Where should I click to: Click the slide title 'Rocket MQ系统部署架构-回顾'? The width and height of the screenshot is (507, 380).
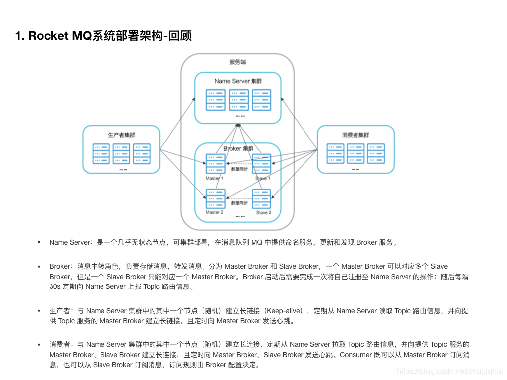pyautogui.click(x=103, y=36)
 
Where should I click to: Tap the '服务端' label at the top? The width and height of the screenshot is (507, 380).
pyautogui.click(x=238, y=62)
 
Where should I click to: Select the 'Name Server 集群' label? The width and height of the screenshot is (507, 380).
pyautogui.click(x=238, y=81)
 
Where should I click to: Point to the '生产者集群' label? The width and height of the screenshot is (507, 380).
pyautogui.click(x=121, y=135)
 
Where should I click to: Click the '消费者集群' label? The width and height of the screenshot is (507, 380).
pyautogui.click(x=355, y=135)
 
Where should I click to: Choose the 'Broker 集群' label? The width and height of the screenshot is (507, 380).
pyautogui.click(x=238, y=148)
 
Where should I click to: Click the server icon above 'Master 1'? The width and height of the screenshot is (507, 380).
pyautogui.click(x=215, y=164)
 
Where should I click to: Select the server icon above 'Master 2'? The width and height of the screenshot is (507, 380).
pyautogui.click(x=215, y=199)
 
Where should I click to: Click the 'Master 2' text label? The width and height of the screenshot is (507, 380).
pyautogui.click(x=215, y=212)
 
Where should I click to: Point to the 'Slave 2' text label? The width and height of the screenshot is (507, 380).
pyautogui.click(x=263, y=212)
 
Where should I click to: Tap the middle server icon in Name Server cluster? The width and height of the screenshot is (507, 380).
pyautogui.click(x=238, y=100)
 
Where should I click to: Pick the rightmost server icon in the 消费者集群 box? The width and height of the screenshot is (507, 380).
pyautogui.click(x=376, y=153)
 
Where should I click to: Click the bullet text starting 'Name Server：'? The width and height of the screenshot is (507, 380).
pyautogui.click(x=223, y=242)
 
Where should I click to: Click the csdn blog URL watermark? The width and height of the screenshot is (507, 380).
pyautogui.click(x=450, y=371)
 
